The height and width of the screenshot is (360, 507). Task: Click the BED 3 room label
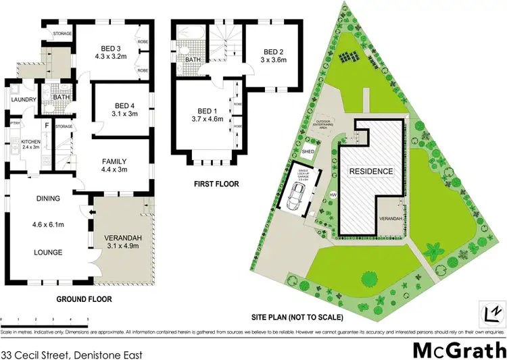point(112,47)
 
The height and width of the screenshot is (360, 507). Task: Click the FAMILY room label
point(115,161)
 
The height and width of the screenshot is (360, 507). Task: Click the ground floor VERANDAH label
point(123,238)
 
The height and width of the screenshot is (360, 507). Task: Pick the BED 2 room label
point(273,52)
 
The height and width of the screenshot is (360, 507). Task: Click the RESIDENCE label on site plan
point(370,172)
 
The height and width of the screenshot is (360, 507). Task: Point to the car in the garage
point(295,197)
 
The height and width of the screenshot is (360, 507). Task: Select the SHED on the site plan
point(308,153)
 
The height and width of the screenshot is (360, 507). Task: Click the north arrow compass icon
point(493,313)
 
